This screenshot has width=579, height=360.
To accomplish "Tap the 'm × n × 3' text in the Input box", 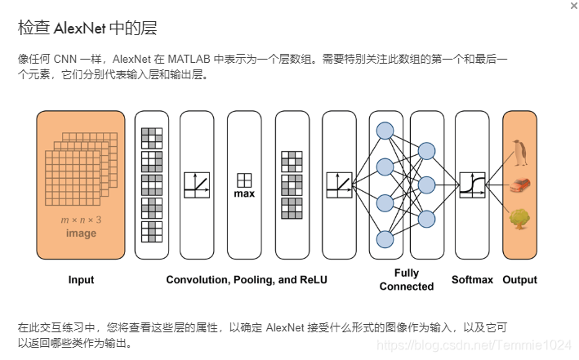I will click(x=81, y=220).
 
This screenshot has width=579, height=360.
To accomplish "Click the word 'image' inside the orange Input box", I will click(x=81, y=233).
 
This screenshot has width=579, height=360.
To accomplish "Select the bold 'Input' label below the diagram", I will click(x=81, y=280).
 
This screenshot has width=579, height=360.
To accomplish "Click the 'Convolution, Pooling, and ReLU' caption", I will click(x=247, y=280).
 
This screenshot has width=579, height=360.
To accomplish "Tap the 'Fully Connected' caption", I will click(x=406, y=280).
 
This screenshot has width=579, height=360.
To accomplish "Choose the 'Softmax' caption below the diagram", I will click(x=473, y=280).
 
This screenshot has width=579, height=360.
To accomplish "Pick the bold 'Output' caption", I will click(x=519, y=280).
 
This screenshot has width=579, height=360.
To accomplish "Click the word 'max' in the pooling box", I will click(x=244, y=194).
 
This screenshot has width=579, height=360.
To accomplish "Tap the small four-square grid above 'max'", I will click(x=244, y=180).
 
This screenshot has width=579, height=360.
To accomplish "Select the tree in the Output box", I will click(x=519, y=218).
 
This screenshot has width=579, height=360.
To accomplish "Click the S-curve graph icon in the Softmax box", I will click(x=473, y=184).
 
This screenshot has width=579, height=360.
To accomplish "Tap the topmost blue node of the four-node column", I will click(x=385, y=131).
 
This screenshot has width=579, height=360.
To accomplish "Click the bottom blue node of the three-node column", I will click(x=425, y=218).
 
